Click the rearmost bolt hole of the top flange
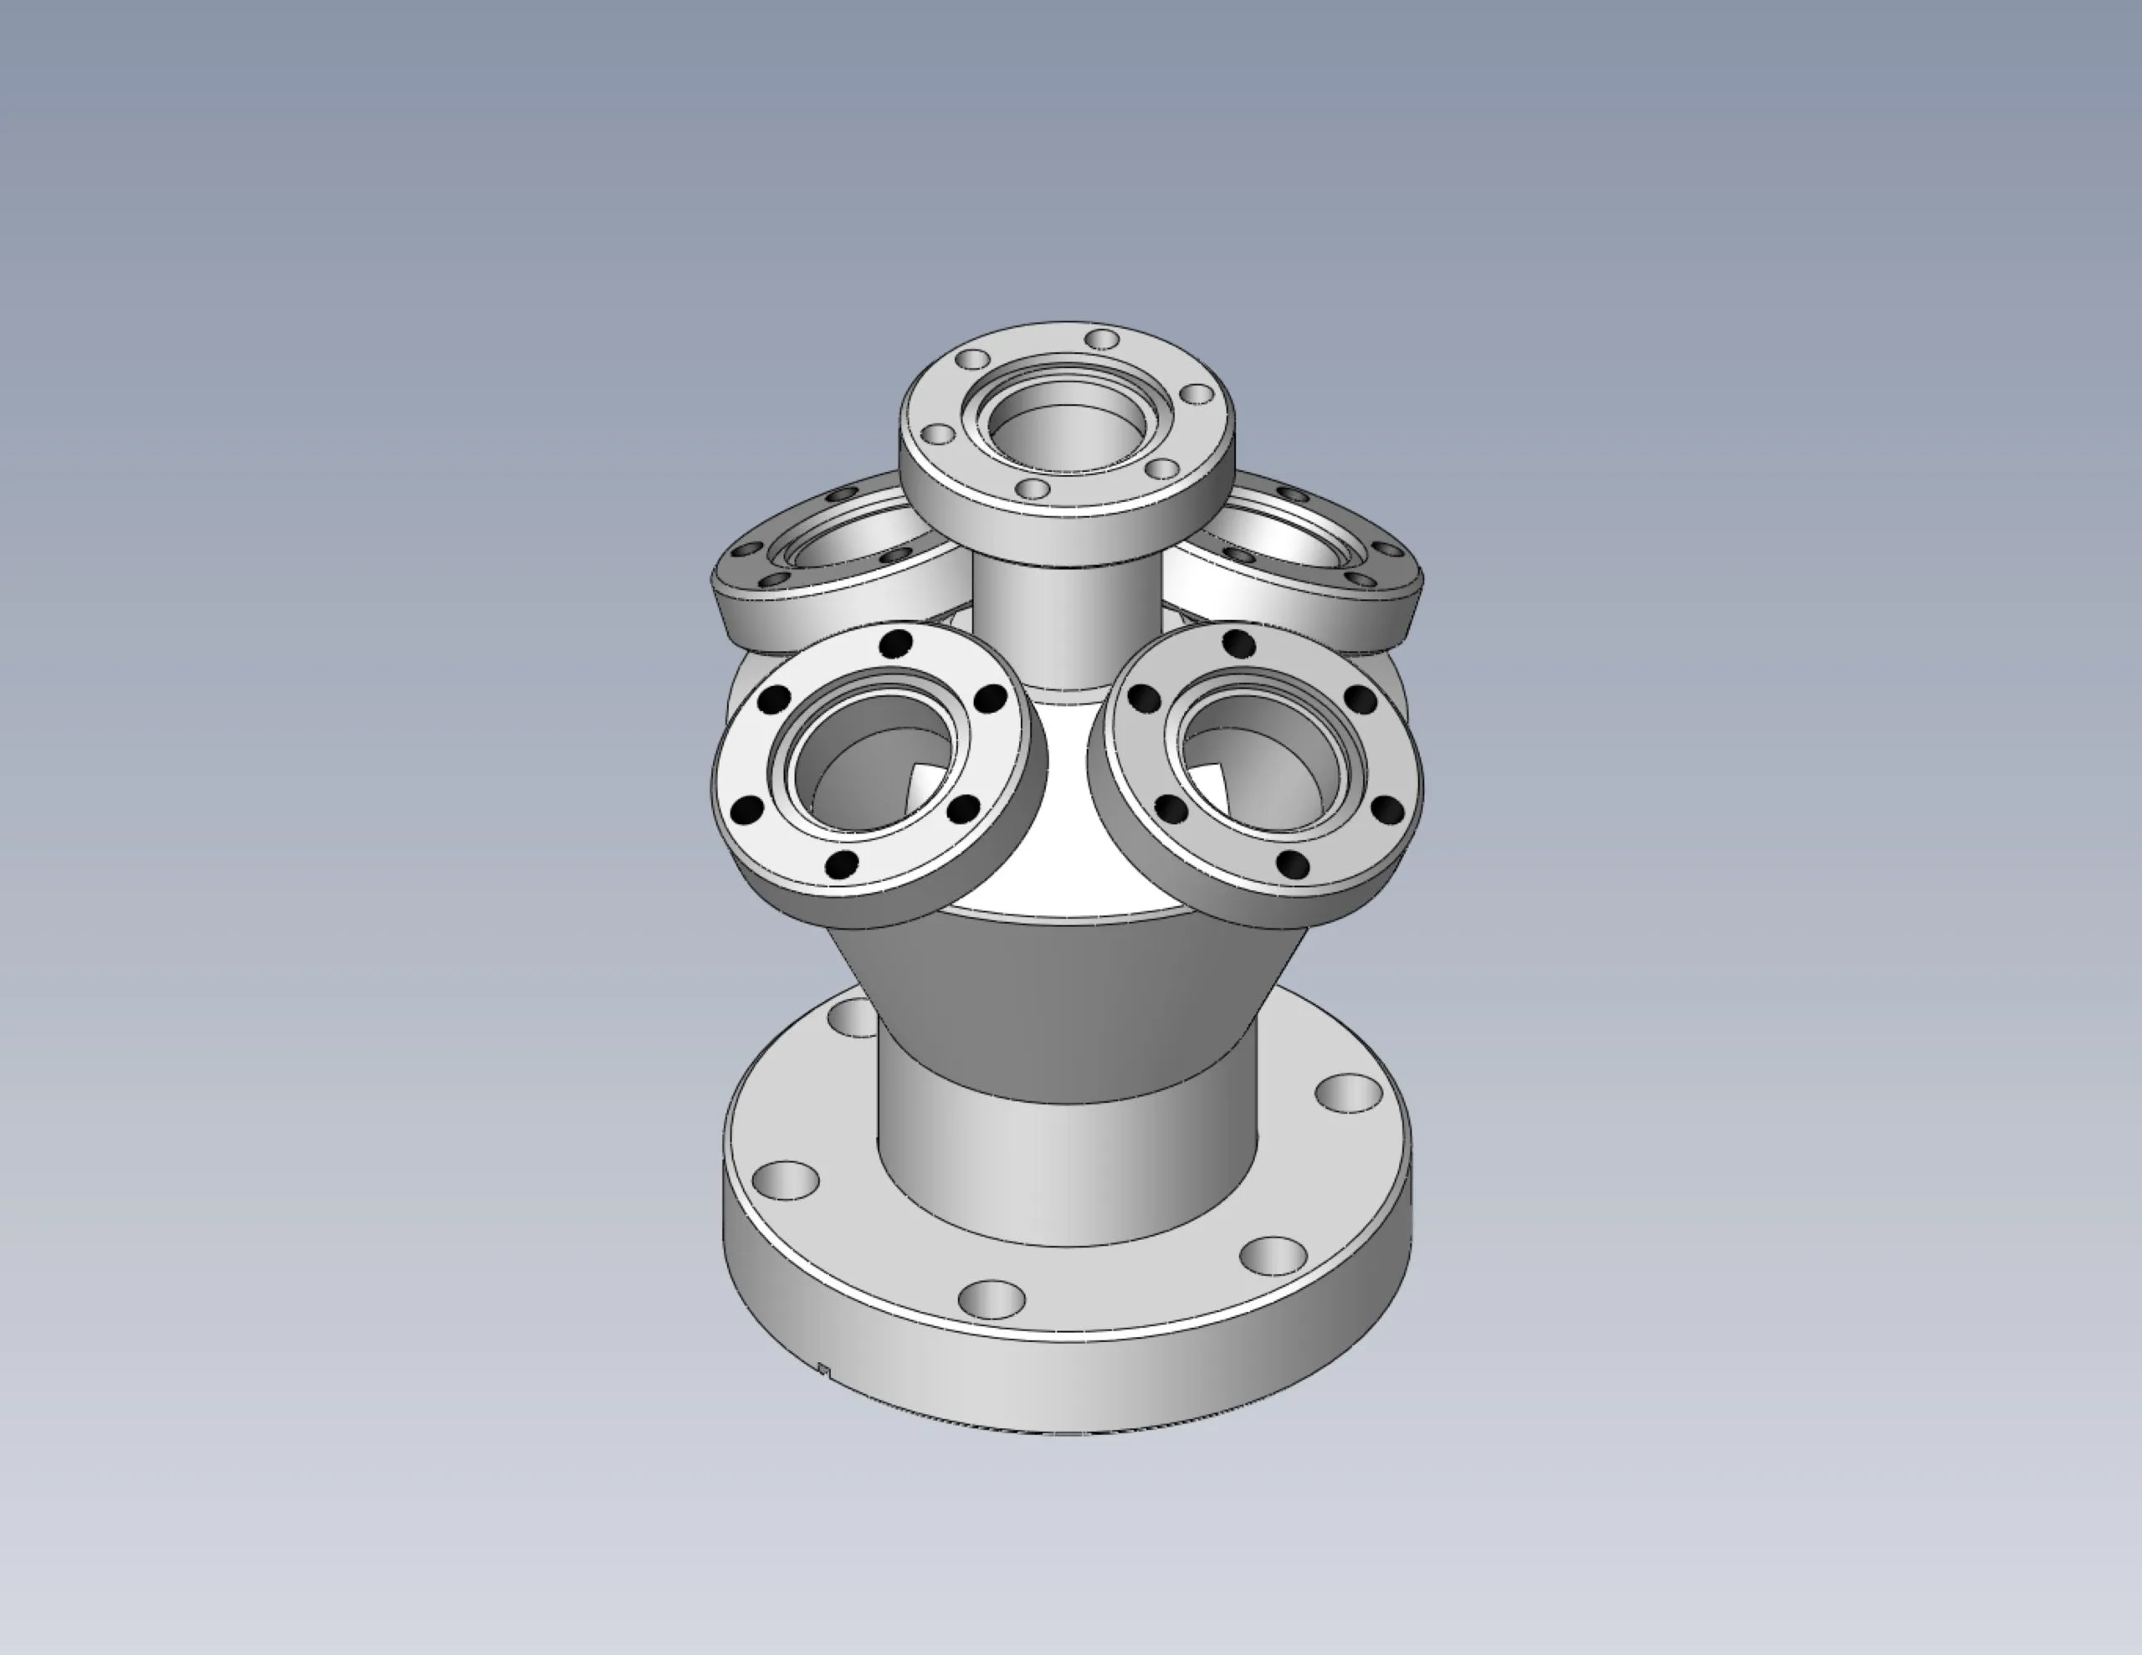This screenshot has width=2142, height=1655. click(x=1104, y=340)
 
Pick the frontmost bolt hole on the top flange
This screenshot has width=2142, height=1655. click(x=1033, y=488)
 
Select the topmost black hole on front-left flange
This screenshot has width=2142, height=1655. click(x=895, y=644)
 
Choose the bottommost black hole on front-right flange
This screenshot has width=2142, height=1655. click(x=1294, y=864)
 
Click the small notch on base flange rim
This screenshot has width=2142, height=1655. click(x=825, y=1371)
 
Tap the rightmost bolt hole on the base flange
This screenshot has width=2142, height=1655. click(x=1349, y=1092)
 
